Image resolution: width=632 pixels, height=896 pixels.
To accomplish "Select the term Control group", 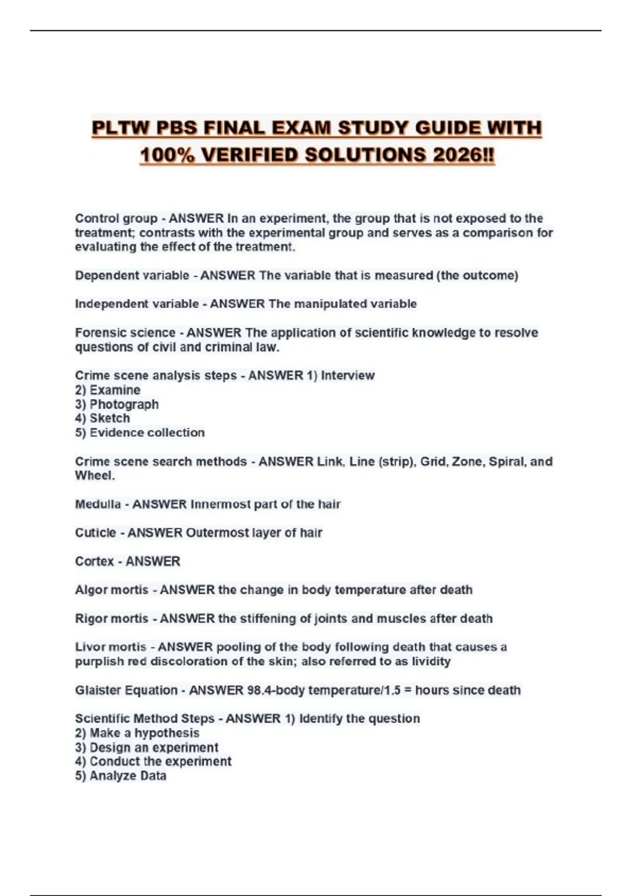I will click(116, 218).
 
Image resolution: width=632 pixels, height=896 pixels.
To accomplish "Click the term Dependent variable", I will click(132, 275).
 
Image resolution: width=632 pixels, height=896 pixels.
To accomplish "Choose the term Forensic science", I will click(125, 333).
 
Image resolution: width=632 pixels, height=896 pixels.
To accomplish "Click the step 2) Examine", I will click(107, 390).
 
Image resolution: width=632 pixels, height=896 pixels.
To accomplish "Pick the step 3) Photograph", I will click(116, 404).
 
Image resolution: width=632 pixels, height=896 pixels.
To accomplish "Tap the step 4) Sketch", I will click(102, 418).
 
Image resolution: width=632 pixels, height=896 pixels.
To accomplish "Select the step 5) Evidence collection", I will click(140, 433).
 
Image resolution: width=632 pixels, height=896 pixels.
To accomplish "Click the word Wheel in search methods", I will click(93, 475).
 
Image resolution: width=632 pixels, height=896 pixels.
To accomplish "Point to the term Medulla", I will click(97, 504).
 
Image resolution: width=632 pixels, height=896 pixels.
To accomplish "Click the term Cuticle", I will click(95, 532).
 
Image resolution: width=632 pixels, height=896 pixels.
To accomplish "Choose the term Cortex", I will click(94, 561).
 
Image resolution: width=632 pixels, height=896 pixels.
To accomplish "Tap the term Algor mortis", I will click(111, 590).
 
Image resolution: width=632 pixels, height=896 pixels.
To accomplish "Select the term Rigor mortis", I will click(111, 618).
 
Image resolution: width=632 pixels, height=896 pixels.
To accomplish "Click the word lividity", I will click(431, 661).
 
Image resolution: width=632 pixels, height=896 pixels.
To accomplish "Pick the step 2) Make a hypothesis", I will click(137, 733).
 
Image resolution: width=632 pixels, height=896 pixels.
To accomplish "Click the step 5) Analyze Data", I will click(121, 776).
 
